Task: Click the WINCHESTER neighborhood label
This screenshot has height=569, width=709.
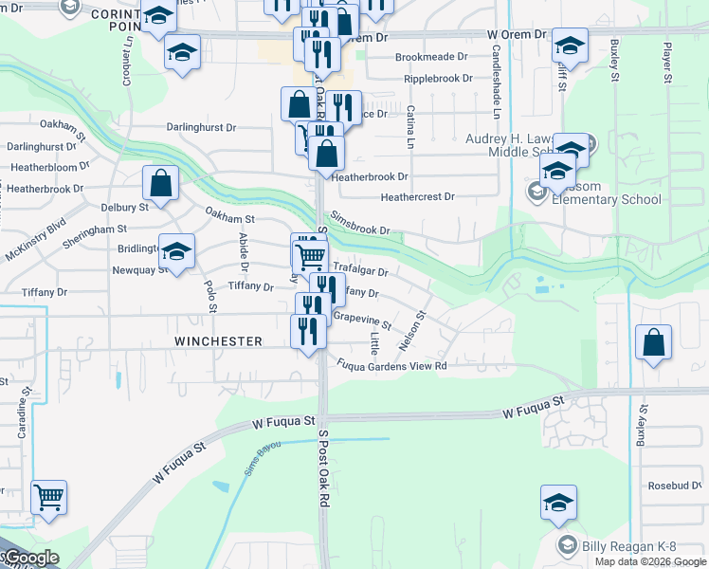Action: click(x=217, y=340)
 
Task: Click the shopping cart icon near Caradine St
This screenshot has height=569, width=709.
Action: click(x=48, y=496)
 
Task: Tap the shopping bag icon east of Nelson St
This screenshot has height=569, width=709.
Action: click(x=654, y=343)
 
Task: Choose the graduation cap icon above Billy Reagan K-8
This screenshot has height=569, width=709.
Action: click(x=558, y=503)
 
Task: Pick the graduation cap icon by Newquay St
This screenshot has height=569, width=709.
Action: click(x=176, y=251)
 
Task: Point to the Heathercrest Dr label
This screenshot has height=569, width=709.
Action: click(x=417, y=197)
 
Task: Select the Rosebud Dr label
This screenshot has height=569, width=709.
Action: click(x=674, y=486)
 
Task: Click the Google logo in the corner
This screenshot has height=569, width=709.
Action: click(x=30, y=558)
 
